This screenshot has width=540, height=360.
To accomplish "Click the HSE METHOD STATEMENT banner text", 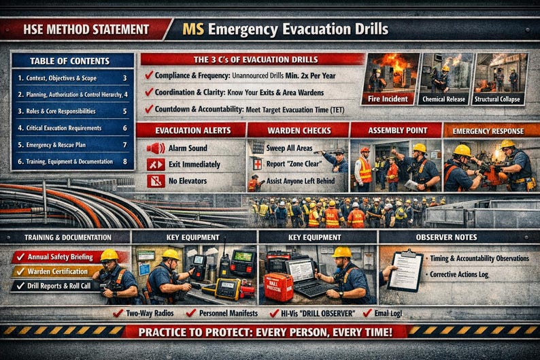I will click(x=86, y=29).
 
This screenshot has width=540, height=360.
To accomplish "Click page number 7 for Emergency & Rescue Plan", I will click(x=124, y=144).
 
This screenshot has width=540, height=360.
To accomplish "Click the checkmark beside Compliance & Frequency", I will click(x=148, y=75).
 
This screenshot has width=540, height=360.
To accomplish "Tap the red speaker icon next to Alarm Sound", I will click(x=156, y=148).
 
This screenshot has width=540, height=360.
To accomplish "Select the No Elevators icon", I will click(x=156, y=181).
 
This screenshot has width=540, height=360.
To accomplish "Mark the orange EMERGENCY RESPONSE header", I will click(x=490, y=129).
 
